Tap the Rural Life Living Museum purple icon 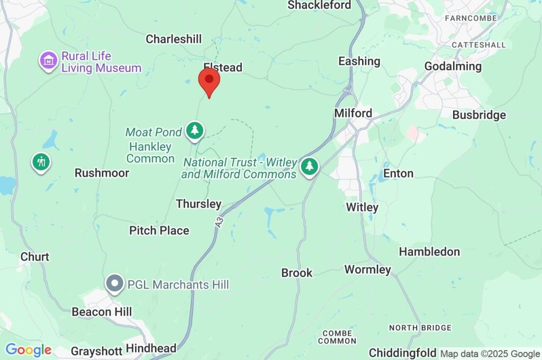point(49,60)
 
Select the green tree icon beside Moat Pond point(195,130)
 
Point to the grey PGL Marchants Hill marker point(114,284)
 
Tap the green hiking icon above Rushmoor point(41,161)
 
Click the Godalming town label point(453,66)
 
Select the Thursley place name point(198,204)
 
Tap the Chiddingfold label point(403,353)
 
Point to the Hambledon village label point(429,251)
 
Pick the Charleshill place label point(174,39)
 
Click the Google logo point(28,350)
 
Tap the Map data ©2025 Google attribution point(490,354)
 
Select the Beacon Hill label point(102,312)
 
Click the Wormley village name point(367,269)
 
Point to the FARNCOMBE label point(471,18)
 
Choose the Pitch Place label point(159,230)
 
